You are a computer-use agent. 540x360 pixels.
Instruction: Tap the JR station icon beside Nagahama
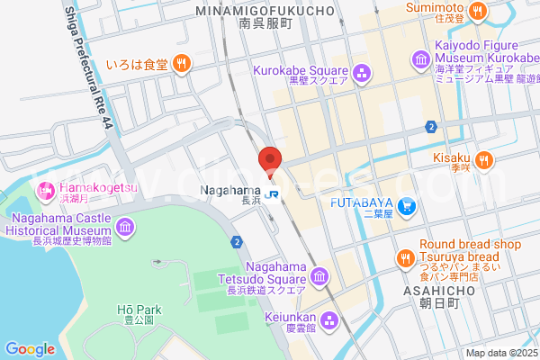pyautogui.click(x=271, y=193)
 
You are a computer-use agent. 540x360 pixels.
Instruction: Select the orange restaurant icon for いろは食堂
pyautogui.click(x=182, y=63)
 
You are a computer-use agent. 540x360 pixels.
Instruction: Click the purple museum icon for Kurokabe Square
pyautogui.click(x=362, y=71)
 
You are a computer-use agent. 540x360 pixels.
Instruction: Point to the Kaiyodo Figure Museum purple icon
pyautogui.click(x=420, y=60)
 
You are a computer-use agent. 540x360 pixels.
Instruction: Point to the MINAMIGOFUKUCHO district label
pyautogui.click(x=265, y=12)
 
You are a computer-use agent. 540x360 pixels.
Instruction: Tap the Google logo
pyautogui.click(x=30, y=348)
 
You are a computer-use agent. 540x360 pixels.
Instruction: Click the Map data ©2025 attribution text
pyautogui.click(x=501, y=353)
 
